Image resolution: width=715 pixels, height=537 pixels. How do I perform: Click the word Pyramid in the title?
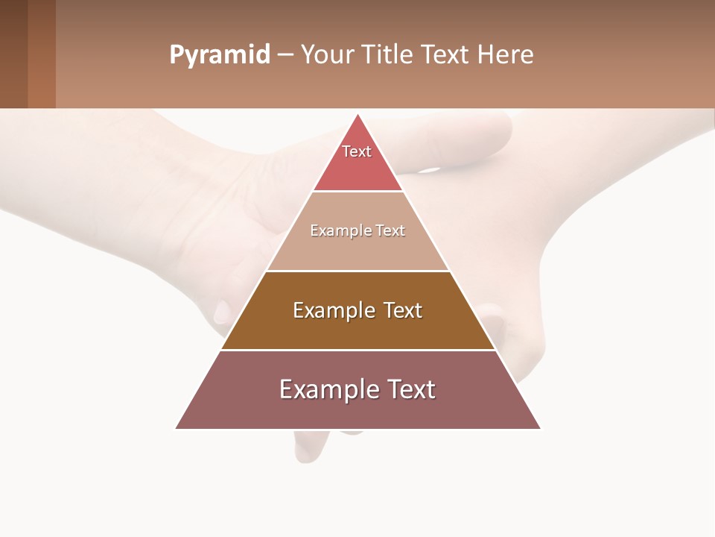[220, 54]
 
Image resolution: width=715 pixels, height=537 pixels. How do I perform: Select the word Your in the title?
[328, 54]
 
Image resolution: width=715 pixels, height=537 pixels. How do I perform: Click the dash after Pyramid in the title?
[285, 55]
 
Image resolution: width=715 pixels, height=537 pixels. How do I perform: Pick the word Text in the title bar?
[446, 54]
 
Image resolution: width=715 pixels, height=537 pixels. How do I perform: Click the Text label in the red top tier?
[357, 151]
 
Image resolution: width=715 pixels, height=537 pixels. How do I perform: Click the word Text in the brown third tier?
[403, 310]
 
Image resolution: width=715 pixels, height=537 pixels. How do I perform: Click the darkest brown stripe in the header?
[13, 54]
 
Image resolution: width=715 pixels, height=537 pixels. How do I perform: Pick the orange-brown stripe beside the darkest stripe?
[42, 54]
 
